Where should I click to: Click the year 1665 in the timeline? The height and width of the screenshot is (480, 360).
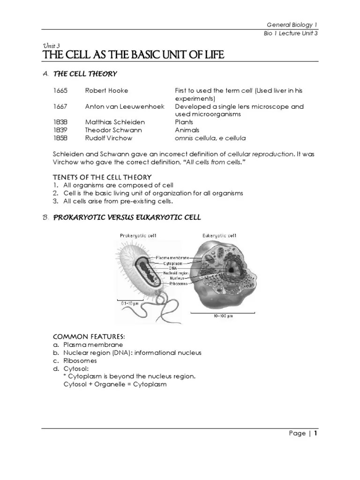60,90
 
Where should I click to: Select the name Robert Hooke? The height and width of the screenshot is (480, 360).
106,90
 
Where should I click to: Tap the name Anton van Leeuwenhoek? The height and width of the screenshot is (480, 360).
125,106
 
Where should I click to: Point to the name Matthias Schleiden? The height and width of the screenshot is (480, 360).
115,122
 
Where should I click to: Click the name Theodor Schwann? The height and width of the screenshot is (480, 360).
113,130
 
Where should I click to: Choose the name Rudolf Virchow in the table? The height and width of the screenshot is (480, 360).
109,138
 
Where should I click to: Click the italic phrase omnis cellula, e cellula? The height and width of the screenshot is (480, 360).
210,138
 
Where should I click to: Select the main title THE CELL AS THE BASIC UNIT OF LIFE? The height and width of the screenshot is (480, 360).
133,56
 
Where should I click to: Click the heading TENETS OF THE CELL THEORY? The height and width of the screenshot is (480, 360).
102,177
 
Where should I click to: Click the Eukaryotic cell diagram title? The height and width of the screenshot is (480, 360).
219,235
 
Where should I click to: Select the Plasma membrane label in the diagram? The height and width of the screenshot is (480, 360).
176,258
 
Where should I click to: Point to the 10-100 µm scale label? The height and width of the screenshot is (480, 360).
223,316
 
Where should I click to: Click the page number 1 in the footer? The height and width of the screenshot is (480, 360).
316,434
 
